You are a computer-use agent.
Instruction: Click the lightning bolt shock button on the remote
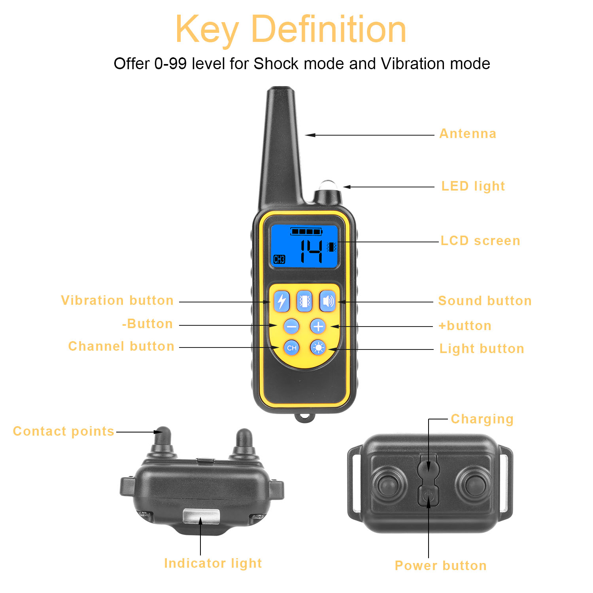[x=281, y=302]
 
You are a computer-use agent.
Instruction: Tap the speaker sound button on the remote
[x=327, y=302]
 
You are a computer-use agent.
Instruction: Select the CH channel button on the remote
[x=292, y=348]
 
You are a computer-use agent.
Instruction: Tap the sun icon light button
[x=318, y=348]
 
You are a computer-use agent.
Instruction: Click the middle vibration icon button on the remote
[x=304, y=302]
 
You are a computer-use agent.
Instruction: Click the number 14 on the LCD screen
[x=312, y=251]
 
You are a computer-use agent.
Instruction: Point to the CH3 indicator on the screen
[x=279, y=259]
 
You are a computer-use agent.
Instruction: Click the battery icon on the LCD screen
[x=306, y=232]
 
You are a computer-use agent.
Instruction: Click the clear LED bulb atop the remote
[x=327, y=186]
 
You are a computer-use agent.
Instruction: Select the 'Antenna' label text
[x=468, y=134]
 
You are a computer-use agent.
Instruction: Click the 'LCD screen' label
[x=480, y=241]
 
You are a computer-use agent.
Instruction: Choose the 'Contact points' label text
[x=63, y=431]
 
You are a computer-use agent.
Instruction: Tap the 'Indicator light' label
[x=213, y=563]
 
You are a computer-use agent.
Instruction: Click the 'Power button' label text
[x=440, y=566]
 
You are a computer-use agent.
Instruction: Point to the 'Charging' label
[x=482, y=419]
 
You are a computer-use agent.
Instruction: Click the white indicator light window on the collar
[x=201, y=516]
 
